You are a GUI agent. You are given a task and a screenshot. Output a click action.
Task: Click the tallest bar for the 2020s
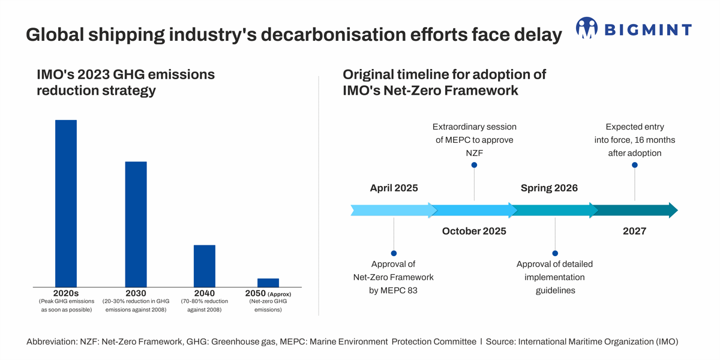click(x=66, y=203)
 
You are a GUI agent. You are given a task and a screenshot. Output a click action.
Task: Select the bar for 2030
click(x=136, y=224)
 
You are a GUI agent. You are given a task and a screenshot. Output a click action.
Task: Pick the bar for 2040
click(x=204, y=266)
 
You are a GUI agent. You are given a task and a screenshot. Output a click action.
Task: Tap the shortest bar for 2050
click(x=268, y=283)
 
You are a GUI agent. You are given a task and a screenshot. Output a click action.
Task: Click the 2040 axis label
click(x=204, y=293)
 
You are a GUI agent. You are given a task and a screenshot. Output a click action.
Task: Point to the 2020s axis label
click(x=66, y=293)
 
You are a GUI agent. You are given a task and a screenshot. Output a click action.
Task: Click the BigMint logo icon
click(x=587, y=28)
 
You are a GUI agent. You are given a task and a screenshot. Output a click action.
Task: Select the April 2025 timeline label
click(x=394, y=188)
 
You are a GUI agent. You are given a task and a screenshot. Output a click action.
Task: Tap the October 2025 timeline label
click(x=474, y=231)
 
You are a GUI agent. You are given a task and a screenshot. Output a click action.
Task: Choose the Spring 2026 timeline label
click(x=549, y=188)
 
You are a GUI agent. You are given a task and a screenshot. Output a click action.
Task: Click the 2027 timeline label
click(x=634, y=231)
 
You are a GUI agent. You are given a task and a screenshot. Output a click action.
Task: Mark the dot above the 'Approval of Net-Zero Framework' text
click(x=394, y=253)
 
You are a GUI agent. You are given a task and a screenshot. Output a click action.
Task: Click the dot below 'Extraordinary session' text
click(x=474, y=165)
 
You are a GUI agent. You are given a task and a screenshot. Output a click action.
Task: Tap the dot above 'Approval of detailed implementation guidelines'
click(x=555, y=253)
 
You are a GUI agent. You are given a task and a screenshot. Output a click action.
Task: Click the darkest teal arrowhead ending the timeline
click(x=673, y=211)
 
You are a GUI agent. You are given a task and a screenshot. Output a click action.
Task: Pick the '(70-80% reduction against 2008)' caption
click(x=204, y=305)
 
